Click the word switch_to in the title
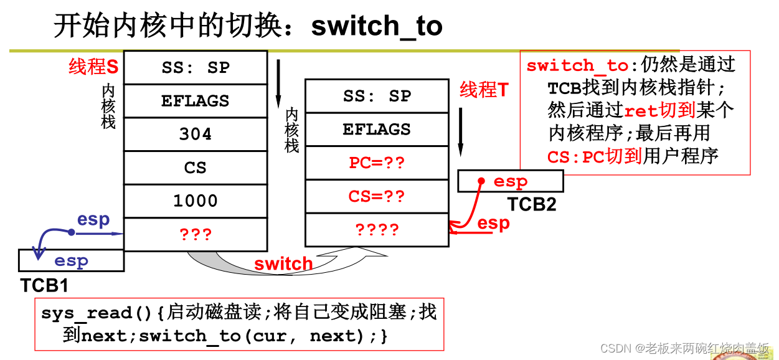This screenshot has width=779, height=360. click(377, 26)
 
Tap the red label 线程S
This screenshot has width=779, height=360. click(93, 67)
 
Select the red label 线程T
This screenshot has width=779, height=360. click(484, 90)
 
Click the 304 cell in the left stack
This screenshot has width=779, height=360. click(196, 134)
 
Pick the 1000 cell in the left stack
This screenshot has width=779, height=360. click(196, 201)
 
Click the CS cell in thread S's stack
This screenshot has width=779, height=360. click(196, 168)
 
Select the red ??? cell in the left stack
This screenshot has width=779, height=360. click(196, 234)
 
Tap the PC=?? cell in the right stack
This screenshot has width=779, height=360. click(377, 163)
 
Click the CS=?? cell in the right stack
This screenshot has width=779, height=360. click(377, 197)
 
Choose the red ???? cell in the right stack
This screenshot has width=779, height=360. click(377, 230)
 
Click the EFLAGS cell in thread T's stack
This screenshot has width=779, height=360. click(377, 130)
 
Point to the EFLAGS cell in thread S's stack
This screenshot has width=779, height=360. click(196, 101)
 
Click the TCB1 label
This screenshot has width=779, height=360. click(44, 285)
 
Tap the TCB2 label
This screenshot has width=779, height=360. click(531, 204)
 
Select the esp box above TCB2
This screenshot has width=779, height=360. click(511, 181)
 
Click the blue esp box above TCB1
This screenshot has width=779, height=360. click(71, 261)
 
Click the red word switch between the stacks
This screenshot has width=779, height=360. click(283, 263)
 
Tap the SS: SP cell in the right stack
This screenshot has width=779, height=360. click(377, 96)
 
